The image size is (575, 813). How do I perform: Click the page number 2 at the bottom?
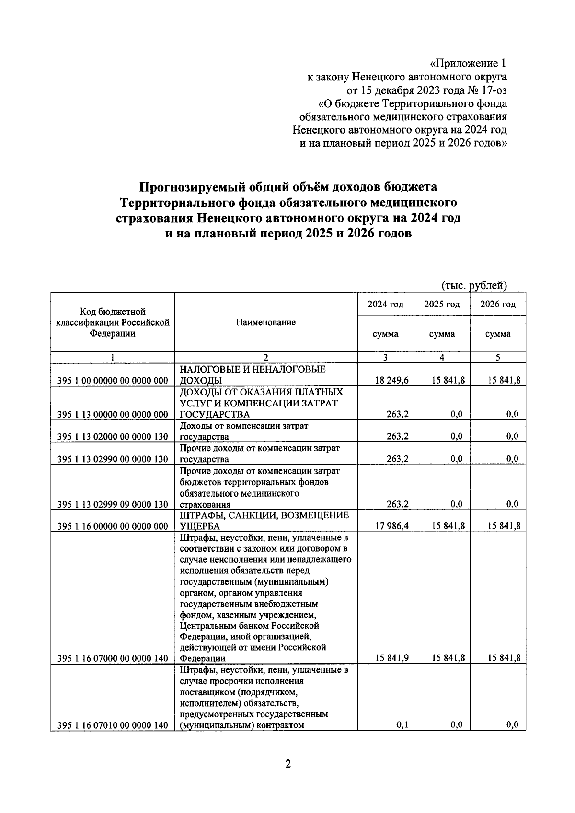(x=287, y=764)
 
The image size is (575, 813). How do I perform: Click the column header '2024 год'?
(x=385, y=305)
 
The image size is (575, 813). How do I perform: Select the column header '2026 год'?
(x=498, y=305)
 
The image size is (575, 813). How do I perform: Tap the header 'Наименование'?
(x=265, y=322)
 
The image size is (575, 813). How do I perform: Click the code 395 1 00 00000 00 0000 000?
(x=113, y=381)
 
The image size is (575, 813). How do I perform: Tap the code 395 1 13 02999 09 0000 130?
(x=113, y=504)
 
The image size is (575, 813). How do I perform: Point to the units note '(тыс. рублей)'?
(x=474, y=286)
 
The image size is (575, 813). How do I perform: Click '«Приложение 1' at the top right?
(x=468, y=63)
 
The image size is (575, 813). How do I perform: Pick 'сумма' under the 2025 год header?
(x=441, y=334)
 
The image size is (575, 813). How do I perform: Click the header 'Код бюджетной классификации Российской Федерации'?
(x=113, y=323)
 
